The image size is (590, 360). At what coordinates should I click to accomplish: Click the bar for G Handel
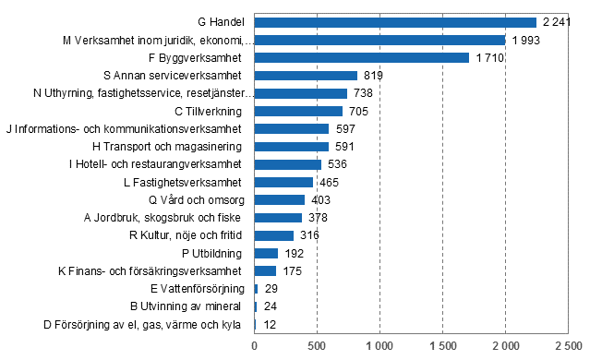tap(395, 22)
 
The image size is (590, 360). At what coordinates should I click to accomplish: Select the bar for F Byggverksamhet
tap(361, 57)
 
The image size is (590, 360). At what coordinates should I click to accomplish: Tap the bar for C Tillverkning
tap(298, 111)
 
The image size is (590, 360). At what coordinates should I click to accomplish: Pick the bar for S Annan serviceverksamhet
tap(306, 76)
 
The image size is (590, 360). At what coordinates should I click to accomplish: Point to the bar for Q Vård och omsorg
tap(279, 199)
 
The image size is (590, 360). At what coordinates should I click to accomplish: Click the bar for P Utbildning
tap(266, 253)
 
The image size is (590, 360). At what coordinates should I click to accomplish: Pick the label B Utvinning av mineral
tap(188, 306)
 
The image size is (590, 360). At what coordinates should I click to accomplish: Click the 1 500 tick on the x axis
tap(442, 347)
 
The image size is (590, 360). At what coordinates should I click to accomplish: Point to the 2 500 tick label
tap(568, 347)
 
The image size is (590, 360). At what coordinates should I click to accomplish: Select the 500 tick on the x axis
tap(317, 347)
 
